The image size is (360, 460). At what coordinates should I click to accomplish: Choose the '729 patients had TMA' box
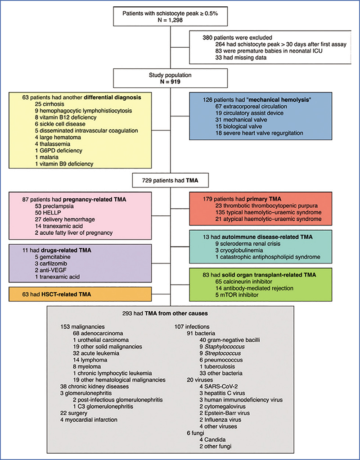point(166,181)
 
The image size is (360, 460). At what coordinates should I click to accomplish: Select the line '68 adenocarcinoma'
point(99,333)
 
